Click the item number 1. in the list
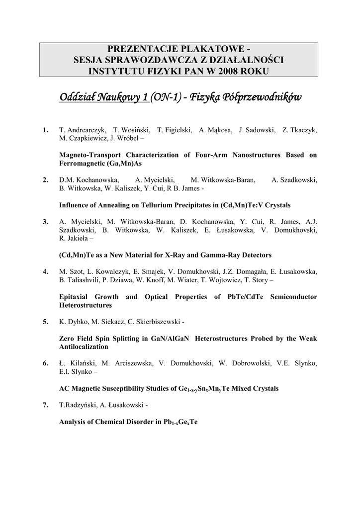pyautogui.click(x=46, y=130)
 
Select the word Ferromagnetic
pyautogui.click(x=81, y=163)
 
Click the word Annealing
pyautogui.click(x=110, y=205)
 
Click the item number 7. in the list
pyautogui.click(x=46, y=405)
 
